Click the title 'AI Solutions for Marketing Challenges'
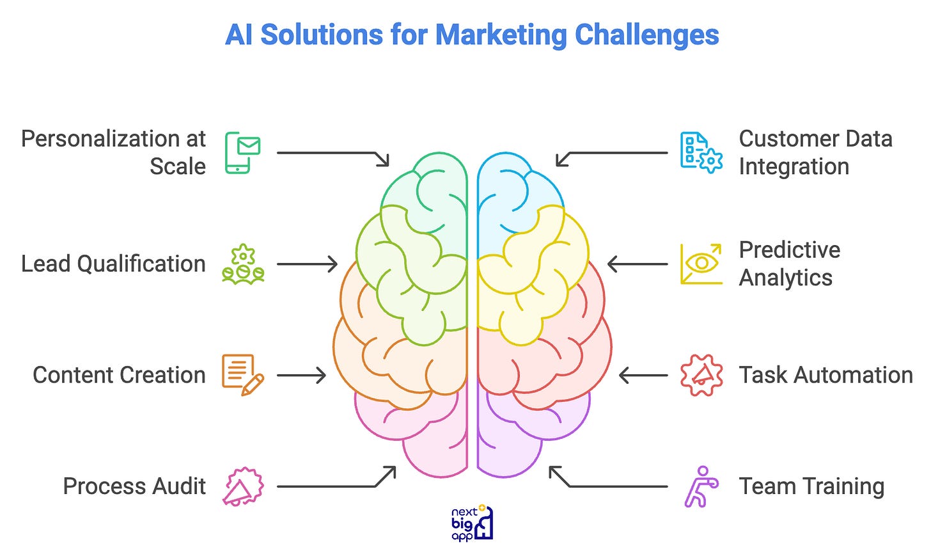coord(472,35)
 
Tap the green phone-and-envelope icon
coord(243,152)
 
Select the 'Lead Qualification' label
coord(113,264)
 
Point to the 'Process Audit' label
coord(134,486)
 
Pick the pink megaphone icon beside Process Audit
coord(243,486)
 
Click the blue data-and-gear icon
coord(701,152)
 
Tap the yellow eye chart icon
coord(701,264)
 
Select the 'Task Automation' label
coord(825,375)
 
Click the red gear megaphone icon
coord(701,375)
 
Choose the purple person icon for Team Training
coord(701,486)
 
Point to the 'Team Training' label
coord(811,486)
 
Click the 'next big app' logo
coord(472,523)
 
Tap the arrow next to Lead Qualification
coord(307,264)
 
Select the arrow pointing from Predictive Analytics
coord(638,264)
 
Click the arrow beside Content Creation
coord(301,375)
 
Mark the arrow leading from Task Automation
coord(643,375)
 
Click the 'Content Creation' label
coord(119,375)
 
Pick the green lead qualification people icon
coord(243,264)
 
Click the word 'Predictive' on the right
coord(789,250)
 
